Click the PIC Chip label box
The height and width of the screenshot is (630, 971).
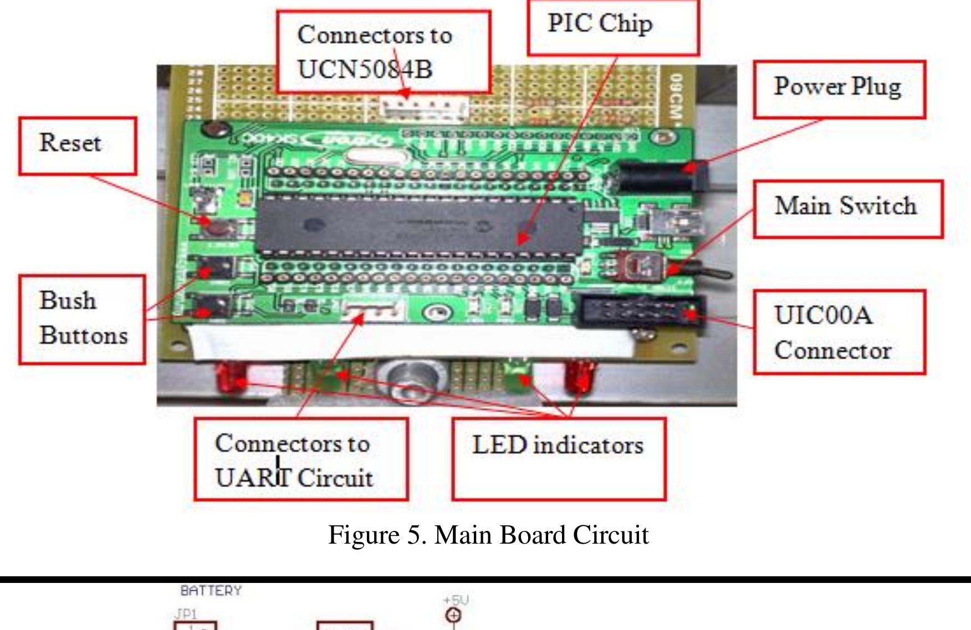click(x=613, y=28)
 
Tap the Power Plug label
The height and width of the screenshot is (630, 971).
click(x=839, y=89)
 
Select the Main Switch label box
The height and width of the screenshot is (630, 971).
click(x=847, y=209)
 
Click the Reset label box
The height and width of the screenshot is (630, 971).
click(x=78, y=146)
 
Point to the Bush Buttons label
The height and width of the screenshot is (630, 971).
click(x=82, y=319)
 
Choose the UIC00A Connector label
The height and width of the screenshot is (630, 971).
click(x=839, y=332)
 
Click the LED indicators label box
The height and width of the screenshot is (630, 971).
click(x=559, y=458)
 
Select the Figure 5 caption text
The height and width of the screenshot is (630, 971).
click(x=488, y=535)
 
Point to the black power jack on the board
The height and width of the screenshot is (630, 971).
click(x=660, y=177)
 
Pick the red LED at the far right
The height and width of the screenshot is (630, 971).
click(x=580, y=376)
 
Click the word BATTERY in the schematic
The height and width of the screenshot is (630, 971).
click(x=211, y=591)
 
